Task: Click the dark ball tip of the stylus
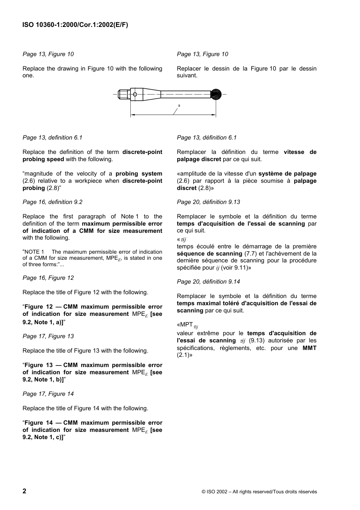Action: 216,94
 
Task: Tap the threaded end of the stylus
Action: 122,94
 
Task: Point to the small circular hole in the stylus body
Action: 135,94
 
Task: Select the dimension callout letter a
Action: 179,105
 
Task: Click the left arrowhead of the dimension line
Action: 133,115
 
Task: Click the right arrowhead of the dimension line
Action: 214,115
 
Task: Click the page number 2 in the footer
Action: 25,491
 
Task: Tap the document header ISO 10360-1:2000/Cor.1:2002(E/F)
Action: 75,25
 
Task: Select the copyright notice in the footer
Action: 259,492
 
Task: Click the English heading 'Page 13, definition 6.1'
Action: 52,138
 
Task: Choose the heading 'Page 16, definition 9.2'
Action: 52,202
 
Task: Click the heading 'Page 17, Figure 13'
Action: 48,336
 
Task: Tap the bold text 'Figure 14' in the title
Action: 39,423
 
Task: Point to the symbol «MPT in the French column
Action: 186,325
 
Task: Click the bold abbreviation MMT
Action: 309,348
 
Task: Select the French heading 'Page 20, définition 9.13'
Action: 208,202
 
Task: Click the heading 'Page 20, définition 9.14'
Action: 208,282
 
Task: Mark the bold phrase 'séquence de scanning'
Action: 210,254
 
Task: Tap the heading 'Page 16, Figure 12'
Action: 48,278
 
